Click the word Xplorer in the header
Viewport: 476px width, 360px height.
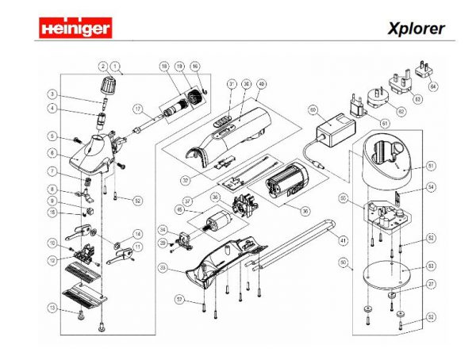[416, 29]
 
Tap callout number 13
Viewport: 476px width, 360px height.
[52, 308]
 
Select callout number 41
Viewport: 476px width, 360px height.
[343, 239]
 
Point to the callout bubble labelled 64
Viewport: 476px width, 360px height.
[433, 86]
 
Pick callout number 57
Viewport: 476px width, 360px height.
[179, 299]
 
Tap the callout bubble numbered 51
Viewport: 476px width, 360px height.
[432, 166]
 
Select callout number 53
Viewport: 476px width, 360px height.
[432, 265]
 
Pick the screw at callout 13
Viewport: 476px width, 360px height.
[83, 316]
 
